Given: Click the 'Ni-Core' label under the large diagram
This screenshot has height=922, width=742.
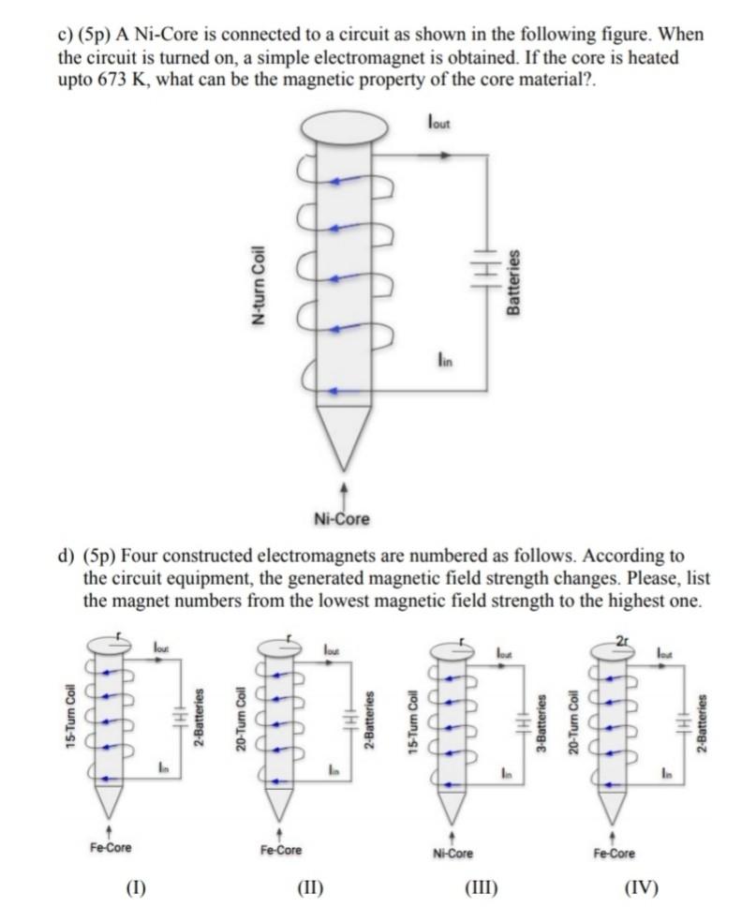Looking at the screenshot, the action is click(342, 518).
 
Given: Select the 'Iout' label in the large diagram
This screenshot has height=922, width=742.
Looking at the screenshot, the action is click(438, 122).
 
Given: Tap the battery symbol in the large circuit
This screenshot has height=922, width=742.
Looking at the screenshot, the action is click(484, 265).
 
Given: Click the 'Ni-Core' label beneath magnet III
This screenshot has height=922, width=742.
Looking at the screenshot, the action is click(453, 854).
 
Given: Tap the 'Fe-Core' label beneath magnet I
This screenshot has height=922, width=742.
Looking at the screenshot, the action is click(111, 848).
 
